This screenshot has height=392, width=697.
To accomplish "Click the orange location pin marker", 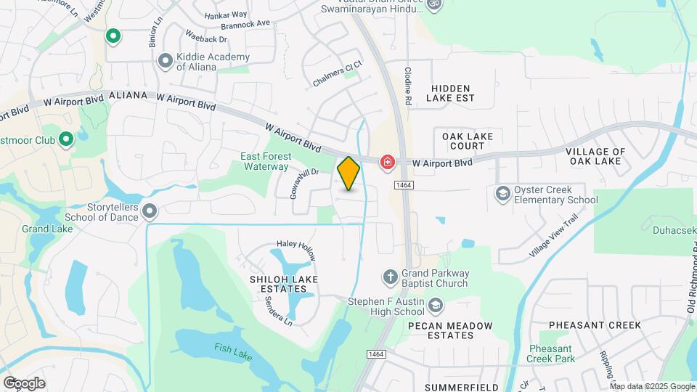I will coord(348,173).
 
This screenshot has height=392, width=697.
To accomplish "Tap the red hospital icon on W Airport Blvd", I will coord(386,160).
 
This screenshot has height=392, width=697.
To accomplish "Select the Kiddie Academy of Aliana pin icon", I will coord(166,61).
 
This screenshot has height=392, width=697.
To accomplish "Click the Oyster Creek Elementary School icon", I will coord(502,194).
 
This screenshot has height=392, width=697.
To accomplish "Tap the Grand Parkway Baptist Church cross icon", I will coord(390,277).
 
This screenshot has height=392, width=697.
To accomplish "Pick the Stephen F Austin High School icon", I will coord(436,305).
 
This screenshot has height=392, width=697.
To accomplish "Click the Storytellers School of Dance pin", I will coord(150,211).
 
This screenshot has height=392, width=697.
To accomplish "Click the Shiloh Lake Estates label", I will coord(278,284).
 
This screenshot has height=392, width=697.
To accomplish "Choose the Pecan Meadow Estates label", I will coord(450,330).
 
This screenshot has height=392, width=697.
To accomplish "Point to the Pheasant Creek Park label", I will coord(552,354).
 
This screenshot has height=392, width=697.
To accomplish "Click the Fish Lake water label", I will coord(232,348).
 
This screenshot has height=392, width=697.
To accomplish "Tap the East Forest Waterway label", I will coord(266,161).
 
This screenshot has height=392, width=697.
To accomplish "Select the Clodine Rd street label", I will coord(408,86).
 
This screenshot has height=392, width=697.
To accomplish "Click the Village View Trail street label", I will coord(554,234).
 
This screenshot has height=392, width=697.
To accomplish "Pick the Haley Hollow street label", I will coord(296,251).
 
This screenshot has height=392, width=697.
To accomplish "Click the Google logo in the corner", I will coord(24,383).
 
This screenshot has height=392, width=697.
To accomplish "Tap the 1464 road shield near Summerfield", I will coord(375,354).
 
